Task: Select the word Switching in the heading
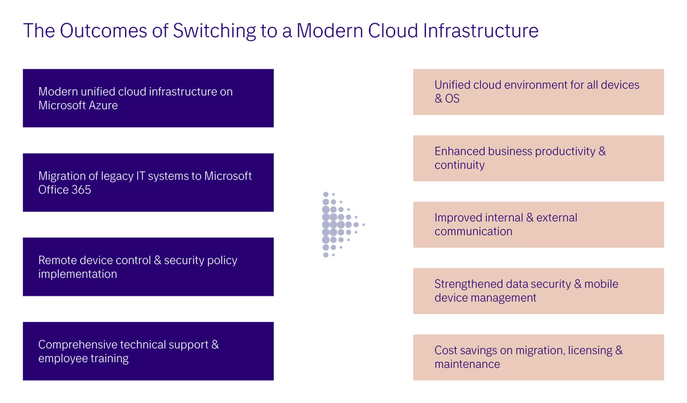tap(214, 31)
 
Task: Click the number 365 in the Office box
tap(81, 190)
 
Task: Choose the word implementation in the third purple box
tap(77, 274)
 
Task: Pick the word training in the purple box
tap(109, 359)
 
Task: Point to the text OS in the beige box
tap(452, 99)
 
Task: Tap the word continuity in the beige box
tap(460, 165)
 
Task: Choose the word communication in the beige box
tap(473, 232)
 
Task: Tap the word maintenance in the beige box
tap(467, 364)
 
